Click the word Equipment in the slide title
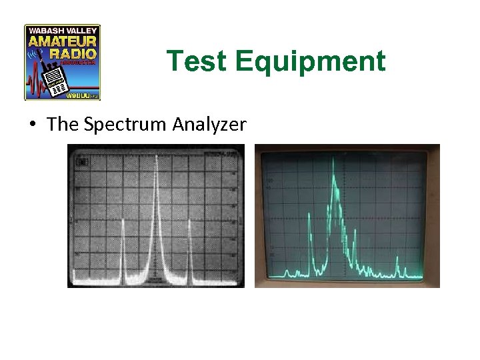[310, 61]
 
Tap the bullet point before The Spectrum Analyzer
[32, 125]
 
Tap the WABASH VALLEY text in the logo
[63, 30]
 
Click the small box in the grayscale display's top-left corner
[82, 160]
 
